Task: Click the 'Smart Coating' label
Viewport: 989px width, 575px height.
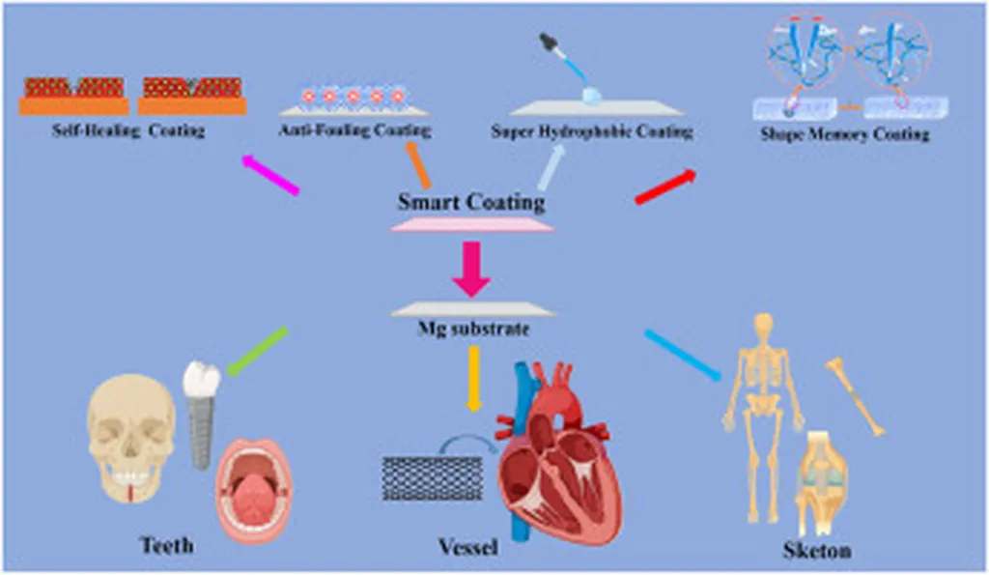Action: (x=471, y=203)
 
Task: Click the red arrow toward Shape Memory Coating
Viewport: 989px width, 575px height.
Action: (x=664, y=187)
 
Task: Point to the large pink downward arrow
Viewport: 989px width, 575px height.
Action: (x=472, y=267)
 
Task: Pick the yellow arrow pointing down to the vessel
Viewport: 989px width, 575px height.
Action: (x=473, y=378)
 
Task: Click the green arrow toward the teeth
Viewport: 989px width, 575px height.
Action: (x=258, y=350)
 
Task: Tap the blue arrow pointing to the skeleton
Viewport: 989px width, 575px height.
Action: (x=683, y=355)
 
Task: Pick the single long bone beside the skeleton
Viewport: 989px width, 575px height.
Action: (x=855, y=395)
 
